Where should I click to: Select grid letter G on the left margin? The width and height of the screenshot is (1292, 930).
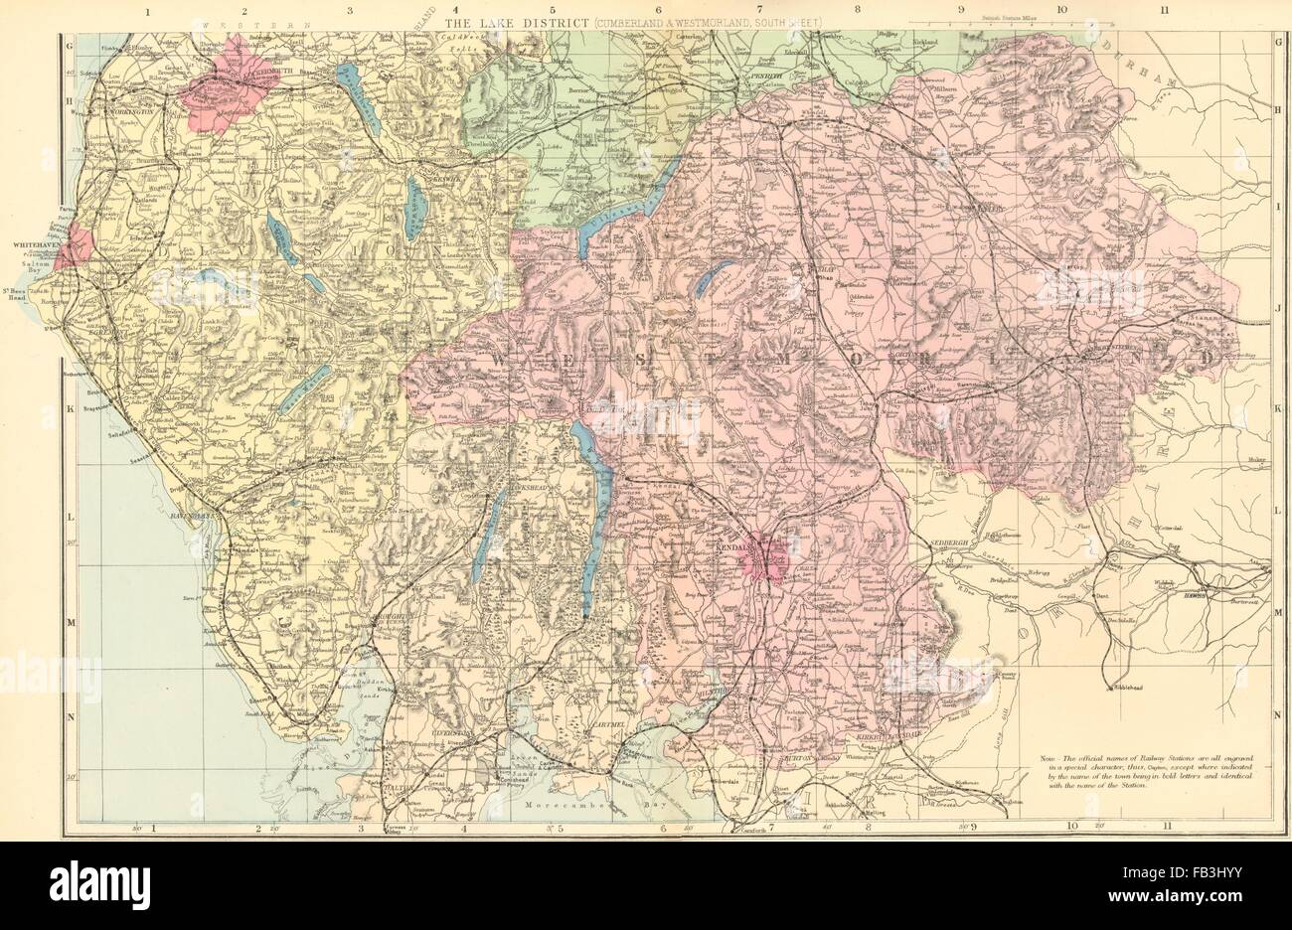(70, 45)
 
